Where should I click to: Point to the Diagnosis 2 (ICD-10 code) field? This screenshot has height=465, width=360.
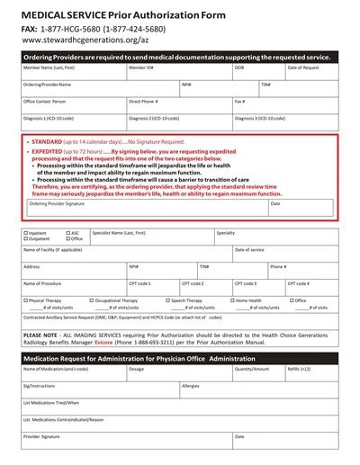(x=178, y=122)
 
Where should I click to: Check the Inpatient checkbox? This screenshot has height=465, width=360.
(x=25, y=232)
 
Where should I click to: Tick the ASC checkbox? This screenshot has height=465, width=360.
(x=67, y=232)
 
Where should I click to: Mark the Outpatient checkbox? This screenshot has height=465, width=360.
(x=25, y=239)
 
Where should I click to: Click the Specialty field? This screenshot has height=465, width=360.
(x=274, y=237)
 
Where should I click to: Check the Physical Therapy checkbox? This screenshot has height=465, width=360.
(x=25, y=300)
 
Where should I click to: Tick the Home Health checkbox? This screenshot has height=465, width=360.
(x=232, y=300)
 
